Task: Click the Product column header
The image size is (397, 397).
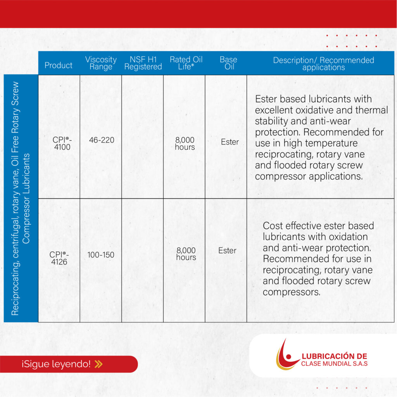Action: (59, 65)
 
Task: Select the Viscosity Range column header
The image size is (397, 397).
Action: (101, 63)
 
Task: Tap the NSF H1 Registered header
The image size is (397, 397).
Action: (143, 63)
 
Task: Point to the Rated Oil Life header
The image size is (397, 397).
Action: (186, 63)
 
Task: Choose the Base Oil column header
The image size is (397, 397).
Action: (228, 63)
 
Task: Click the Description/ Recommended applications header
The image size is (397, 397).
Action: (323, 64)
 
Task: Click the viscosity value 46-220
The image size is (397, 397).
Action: (102, 140)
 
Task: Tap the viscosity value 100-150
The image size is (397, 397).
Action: (100, 255)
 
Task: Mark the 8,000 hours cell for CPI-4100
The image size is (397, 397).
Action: (185, 143)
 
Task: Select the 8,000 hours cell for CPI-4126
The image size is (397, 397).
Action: (186, 254)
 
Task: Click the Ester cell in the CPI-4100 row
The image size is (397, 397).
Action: (230, 142)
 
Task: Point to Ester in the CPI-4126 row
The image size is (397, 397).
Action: (227, 250)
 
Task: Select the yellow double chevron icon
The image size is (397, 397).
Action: (98, 364)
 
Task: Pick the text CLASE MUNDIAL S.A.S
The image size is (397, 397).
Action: (334, 364)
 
